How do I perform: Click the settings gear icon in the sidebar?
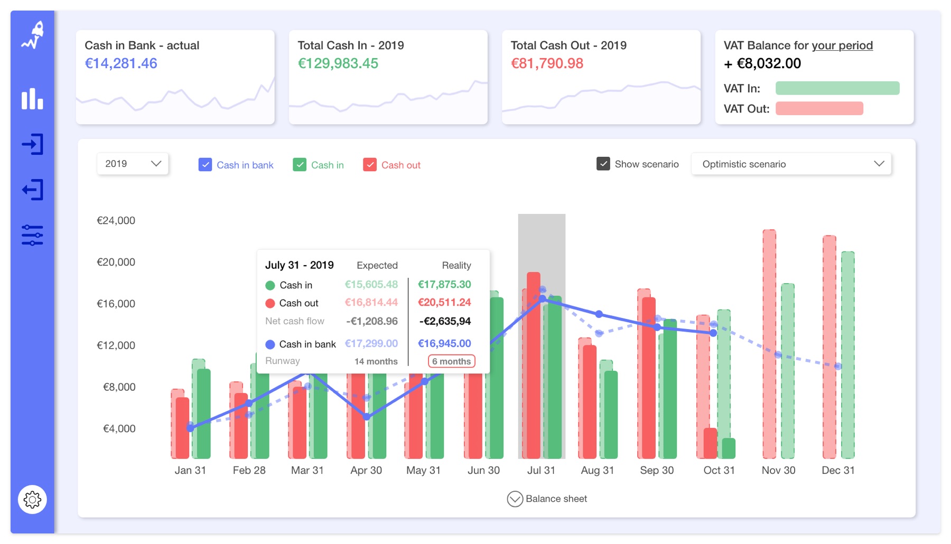pyautogui.click(x=32, y=499)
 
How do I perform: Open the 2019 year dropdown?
pyautogui.click(x=133, y=164)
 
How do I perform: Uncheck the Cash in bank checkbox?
pyautogui.click(x=205, y=165)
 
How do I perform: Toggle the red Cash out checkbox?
pyautogui.click(x=370, y=165)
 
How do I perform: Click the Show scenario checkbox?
pyautogui.click(x=603, y=164)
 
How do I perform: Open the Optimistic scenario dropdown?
pyautogui.click(x=791, y=164)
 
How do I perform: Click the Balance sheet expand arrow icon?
pyautogui.click(x=515, y=499)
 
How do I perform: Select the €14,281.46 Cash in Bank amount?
pyautogui.click(x=121, y=63)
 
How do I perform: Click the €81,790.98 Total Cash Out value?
pyautogui.click(x=547, y=63)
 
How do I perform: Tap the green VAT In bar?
pyautogui.click(x=837, y=88)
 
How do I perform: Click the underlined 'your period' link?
pyautogui.click(x=842, y=45)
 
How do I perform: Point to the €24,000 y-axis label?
pyautogui.click(x=116, y=220)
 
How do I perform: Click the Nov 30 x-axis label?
pyautogui.click(x=778, y=470)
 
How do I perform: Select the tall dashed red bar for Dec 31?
pyautogui.click(x=829, y=346)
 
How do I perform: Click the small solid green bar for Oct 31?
pyautogui.click(x=729, y=448)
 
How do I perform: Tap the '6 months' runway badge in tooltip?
pyautogui.click(x=451, y=361)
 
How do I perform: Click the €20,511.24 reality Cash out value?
pyautogui.click(x=444, y=303)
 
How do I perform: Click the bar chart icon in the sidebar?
pyautogui.click(x=32, y=99)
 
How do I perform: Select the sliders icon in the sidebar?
pyautogui.click(x=32, y=235)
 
